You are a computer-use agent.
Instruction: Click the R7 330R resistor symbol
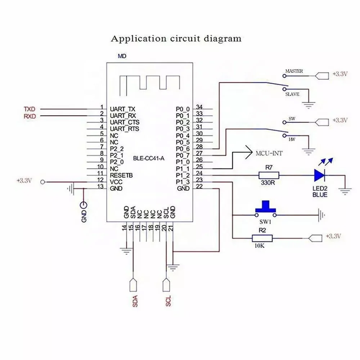pos(269,175)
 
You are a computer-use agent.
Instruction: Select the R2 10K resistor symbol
pos(262,238)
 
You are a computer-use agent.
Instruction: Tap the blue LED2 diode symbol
pos(320,175)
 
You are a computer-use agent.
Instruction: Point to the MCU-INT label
pos(269,153)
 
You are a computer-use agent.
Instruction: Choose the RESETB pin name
pos(121,175)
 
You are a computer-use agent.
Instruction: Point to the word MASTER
pos(294,71)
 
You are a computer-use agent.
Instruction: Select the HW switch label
pos(293,139)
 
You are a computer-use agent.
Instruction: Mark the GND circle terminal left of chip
pos(84,206)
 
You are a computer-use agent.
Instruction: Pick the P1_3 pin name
pos(183,182)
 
